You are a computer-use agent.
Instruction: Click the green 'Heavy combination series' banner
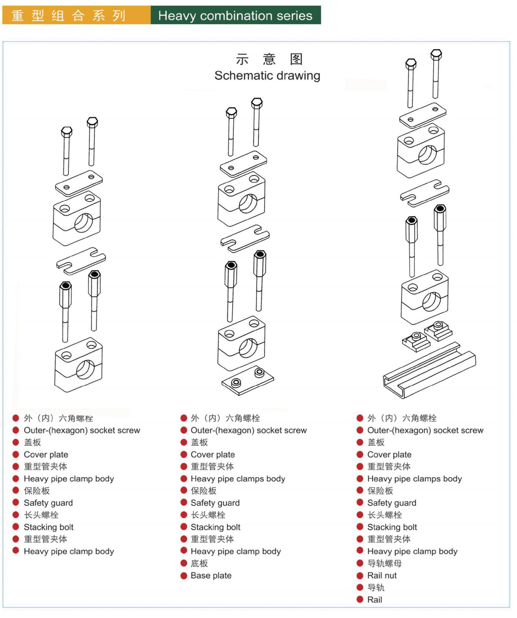[x=235, y=15]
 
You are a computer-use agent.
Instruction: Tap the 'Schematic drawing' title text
[x=267, y=76]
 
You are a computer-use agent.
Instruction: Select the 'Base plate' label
[x=211, y=576]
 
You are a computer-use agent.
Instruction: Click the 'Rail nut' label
[x=382, y=576]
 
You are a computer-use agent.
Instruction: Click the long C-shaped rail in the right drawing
[x=428, y=373]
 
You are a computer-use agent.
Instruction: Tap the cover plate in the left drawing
[x=79, y=183]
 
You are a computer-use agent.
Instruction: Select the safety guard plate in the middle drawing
[x=245, y=237]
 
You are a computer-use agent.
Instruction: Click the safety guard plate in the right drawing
[x=425, y=192]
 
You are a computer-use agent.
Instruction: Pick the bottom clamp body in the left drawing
[x=79, y=365]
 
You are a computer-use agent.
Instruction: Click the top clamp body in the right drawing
[x=421, y=151]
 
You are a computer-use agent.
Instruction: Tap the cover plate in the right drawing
[x=423, y=115]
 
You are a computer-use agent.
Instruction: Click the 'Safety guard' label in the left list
[x=48, y=503]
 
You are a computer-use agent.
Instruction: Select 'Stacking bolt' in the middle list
[x=216, y=527]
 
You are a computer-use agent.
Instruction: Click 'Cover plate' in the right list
[x=389, y=454]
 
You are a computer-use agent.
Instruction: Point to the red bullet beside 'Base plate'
[x=184, y=576]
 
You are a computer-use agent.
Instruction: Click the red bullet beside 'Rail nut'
[x=360, y=576]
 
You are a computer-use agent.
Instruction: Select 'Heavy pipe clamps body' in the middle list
[x=238, y=479]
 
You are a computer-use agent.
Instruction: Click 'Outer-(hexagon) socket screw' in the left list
[x=82, y=430]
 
